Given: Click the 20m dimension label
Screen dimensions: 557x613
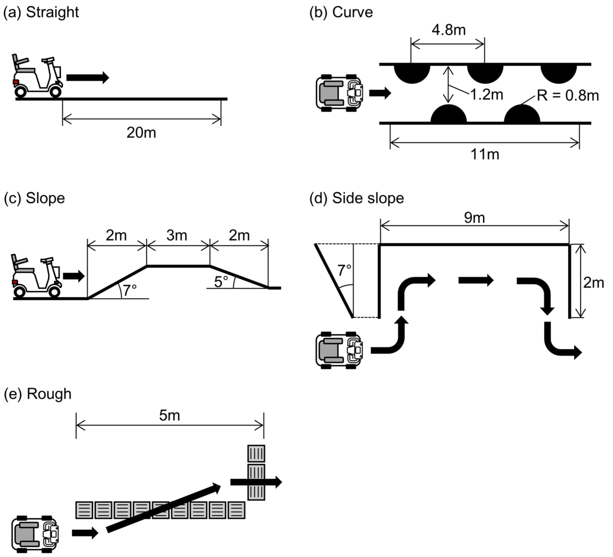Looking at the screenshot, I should (141, 133).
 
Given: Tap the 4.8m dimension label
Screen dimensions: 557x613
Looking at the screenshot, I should (449, 30).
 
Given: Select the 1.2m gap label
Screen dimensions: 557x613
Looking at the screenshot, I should (487, 95).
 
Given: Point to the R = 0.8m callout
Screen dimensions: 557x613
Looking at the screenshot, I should (568, 95).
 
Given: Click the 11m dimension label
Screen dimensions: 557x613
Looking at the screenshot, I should (485, 154).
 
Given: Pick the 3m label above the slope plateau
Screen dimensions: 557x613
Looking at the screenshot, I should (177, 235).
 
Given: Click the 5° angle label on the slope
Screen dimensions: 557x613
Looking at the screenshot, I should (221, 282).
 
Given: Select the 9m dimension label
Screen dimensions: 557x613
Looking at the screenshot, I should (474, 218).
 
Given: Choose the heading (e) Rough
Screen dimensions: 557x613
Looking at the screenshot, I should (38, 394).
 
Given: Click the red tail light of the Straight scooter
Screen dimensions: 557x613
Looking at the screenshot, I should (16, 82).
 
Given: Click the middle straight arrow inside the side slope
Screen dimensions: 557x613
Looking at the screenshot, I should (476, 280).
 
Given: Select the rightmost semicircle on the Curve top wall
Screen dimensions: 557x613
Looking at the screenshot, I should (558, 73).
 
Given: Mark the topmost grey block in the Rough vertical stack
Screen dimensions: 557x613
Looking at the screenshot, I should (256, 454).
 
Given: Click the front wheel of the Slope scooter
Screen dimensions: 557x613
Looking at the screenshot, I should (54, 292).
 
